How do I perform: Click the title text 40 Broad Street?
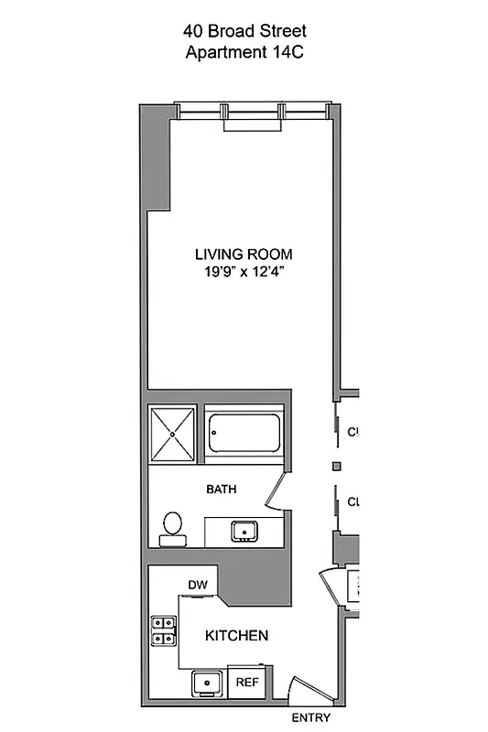coord(244,31)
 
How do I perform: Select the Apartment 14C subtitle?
coord(244,52)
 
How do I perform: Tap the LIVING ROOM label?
coord(244,253)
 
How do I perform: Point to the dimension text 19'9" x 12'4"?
coord(244,271)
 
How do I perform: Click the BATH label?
coord(221,490)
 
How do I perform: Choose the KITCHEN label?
coord(236,635)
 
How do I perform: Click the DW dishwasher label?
coord(197,585)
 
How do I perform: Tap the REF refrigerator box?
coord(246,683)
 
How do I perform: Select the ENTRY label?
coord(309,717)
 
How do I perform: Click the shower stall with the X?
coord(174,434)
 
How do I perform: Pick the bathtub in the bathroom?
coord(243,434)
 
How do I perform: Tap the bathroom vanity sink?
coord(244,531)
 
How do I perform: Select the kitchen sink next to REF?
coord(208,683)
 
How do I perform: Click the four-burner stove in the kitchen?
coord(164,630)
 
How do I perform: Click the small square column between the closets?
coord(336,467)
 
